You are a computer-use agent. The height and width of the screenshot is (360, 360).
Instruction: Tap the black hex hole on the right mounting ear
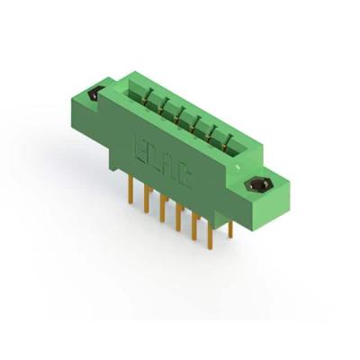point(257,186)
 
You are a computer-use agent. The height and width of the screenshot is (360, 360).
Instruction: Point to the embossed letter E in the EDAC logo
point(140,143)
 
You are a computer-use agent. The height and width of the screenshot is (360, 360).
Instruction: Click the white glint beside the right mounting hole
point(249,179)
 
